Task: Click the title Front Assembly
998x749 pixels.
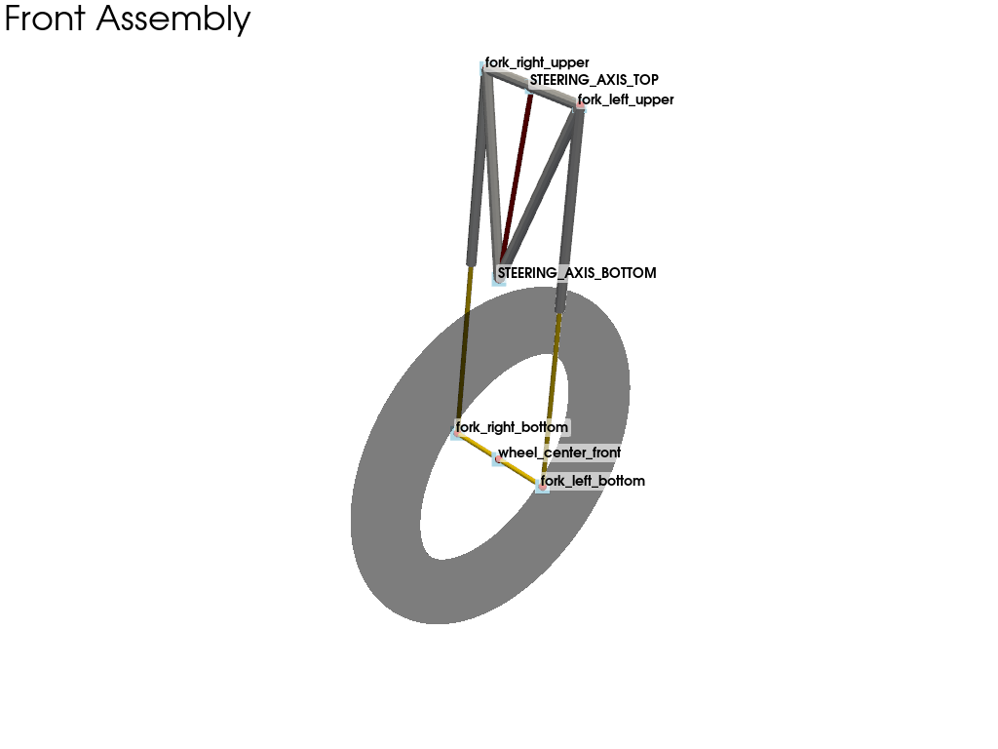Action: [128, 20]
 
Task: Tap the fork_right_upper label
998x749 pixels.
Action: [537, 62]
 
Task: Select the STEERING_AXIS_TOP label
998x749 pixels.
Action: [594, 80]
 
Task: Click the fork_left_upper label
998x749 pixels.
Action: [626, 99]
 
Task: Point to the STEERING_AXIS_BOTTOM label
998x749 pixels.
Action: [577, 273]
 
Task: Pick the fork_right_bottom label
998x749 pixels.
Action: [512, 427]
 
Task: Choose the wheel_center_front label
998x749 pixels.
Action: [558, 453]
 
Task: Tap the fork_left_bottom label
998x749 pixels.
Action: [593, 480]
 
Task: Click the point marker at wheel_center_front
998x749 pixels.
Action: [498, 459]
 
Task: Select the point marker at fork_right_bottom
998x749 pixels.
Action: [456, 433]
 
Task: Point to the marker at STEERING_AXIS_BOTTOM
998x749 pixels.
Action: [499, 279]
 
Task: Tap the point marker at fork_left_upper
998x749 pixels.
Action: [580, 104]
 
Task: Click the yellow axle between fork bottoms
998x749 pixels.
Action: [499, 460]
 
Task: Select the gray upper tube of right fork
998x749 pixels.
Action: [478, 166]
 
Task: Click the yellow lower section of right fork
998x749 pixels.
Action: [464, 348]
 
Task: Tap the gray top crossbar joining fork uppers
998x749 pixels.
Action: [532, 86]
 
